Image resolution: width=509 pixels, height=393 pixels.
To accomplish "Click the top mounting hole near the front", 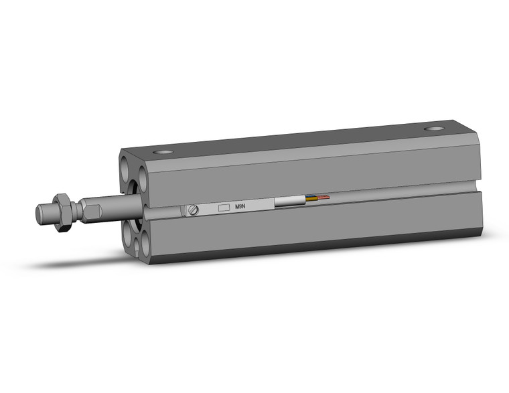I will tap(162, 153).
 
